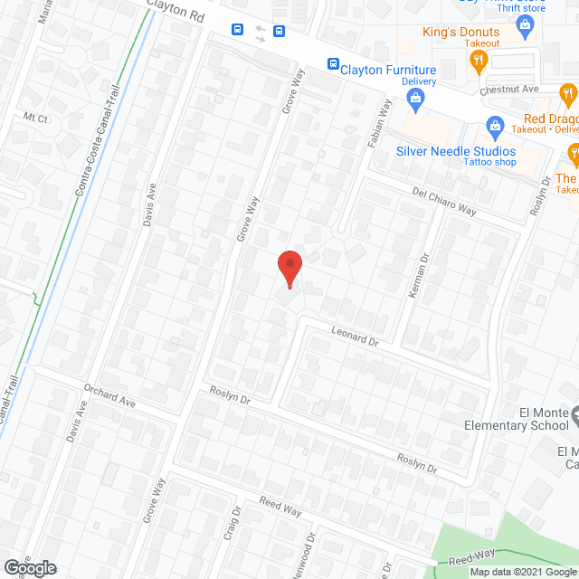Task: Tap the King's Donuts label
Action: coord(460,33)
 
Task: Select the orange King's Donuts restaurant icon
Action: coord(479,62)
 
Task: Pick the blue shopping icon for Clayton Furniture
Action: coord(416,102)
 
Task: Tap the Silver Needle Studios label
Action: coord(455,151)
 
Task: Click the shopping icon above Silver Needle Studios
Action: coord(494,124)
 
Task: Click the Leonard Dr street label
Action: coord(353,339)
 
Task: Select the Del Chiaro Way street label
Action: coord(443,201)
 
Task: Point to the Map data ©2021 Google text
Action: coord(523,572)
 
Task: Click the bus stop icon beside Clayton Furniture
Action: coord(333,64)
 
